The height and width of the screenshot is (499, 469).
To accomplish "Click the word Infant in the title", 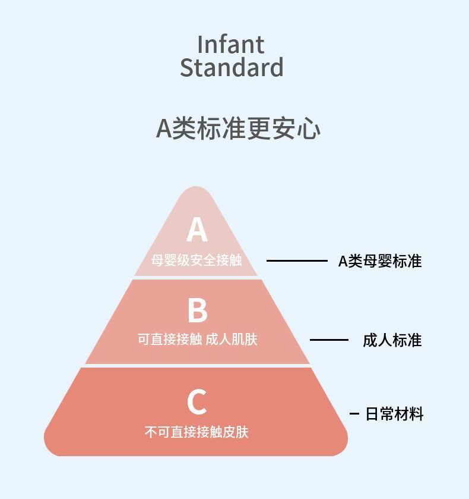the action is click(x=231, y=45).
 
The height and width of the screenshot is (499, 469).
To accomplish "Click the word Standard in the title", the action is click(x=232, y=68).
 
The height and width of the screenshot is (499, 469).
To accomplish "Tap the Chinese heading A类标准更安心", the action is click(x=238, y=129).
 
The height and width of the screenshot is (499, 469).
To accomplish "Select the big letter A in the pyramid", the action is click(x=197, y=230).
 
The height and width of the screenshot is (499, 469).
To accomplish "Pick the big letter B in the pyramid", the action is click(x=197, y=310).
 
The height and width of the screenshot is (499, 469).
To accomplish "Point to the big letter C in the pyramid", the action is click(x=197, y=402).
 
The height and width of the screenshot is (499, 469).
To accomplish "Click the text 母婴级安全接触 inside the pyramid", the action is click(x=197, y=260).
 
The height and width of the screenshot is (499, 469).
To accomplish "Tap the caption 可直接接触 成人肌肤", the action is click(x=197, y=340).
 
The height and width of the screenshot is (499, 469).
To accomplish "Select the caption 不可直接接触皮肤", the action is click(x=197, y=432).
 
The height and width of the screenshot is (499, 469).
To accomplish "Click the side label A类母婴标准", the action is click(x=380, y=261).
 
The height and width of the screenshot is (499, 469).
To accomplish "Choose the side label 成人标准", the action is click(x=392, y=340).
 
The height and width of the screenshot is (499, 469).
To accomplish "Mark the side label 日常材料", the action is click(x=394, y=414).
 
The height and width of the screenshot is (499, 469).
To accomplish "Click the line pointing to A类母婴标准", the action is click(x=297, y=261).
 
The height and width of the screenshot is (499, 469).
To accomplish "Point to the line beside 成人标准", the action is click(x=329, y=340).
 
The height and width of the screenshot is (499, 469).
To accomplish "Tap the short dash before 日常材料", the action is click(x=354, y=413).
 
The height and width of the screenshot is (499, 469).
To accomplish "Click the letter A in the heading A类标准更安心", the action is click(x=163, y=129).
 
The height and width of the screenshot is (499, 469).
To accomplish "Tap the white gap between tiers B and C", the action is click(x=197, y=365).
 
